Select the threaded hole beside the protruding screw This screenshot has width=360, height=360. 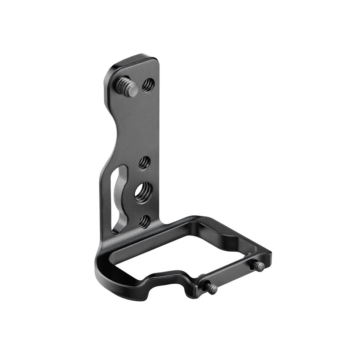[x=148, y=85]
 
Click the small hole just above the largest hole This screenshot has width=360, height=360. [x=144, y=163]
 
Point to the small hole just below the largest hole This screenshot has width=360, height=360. [x=144, y=221]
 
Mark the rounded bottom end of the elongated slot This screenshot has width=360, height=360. [x=116, y=229]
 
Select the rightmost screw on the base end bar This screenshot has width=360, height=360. [x=258, y=266]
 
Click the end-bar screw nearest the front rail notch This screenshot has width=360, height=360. [x=211, y=287]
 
